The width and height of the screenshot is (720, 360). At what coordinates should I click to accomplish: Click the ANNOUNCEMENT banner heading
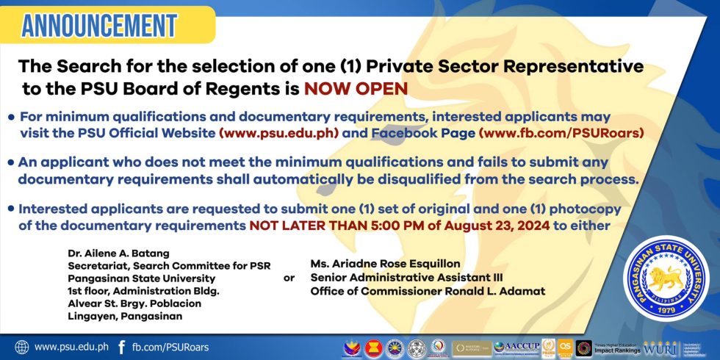[x=98, y=25]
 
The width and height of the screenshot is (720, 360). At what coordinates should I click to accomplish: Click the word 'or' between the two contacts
[x=289, y=278]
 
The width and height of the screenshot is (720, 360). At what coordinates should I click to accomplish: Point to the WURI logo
[x=656, y=348]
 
